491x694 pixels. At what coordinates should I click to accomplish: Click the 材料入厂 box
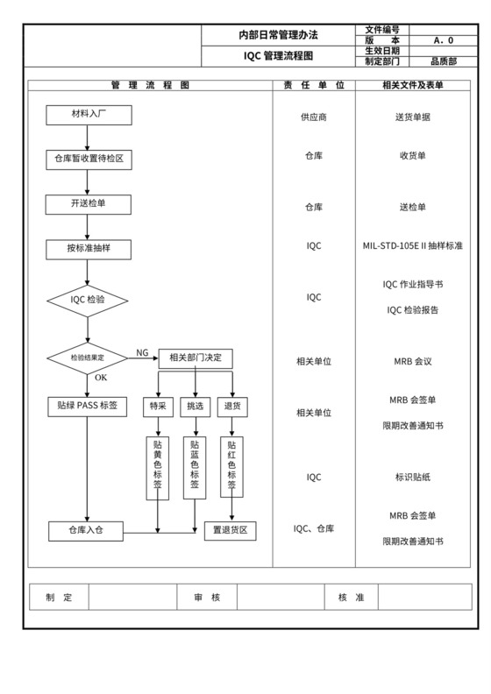tap(89, 115)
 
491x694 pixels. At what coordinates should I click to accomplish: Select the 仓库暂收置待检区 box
tap(89, 159)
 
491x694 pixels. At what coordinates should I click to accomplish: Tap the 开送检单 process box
tap(89, 204)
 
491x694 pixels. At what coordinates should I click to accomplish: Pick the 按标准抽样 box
tap(89, 249)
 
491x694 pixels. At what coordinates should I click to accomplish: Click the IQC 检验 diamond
tap(88, 300)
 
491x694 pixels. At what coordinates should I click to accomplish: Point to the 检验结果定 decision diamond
tap(88, 358)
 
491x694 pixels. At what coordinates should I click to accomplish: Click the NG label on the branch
tap(142, 352)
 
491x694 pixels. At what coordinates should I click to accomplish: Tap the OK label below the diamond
tap(101, 378)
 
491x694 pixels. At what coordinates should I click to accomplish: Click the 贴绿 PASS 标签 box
tap(88, 407)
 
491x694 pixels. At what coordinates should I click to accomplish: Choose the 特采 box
tap(158, 407)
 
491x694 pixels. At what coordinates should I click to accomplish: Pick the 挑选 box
tap(195, 407)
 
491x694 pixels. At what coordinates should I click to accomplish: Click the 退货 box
tap(232, 407)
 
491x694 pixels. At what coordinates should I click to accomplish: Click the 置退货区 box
tap(230, 531)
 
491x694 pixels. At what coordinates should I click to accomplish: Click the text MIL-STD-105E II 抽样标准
tap(412, 246)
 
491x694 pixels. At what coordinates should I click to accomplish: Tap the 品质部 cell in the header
tap(443, 62)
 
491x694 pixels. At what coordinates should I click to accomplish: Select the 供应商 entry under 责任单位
tap(313, 117)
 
